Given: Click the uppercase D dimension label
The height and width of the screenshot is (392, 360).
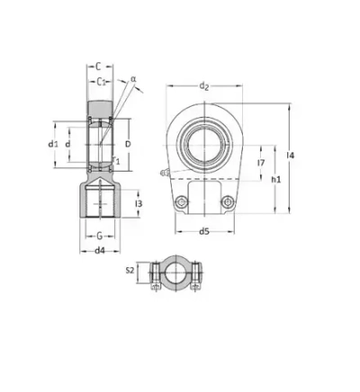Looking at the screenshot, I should pos(127,144).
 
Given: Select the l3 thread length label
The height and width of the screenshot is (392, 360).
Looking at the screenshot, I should pos(138,204).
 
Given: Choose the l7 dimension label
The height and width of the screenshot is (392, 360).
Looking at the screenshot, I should pos(260,163).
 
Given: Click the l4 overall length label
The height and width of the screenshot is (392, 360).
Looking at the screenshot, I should pos(289,157).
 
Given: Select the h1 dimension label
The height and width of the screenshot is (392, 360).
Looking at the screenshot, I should pos(276,180).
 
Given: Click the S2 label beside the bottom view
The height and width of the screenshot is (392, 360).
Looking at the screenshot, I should pos(130,270).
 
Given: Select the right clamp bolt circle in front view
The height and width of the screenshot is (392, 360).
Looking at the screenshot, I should pos(227,201).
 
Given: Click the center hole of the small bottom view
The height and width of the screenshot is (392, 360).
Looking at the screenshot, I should pos(173,272).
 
